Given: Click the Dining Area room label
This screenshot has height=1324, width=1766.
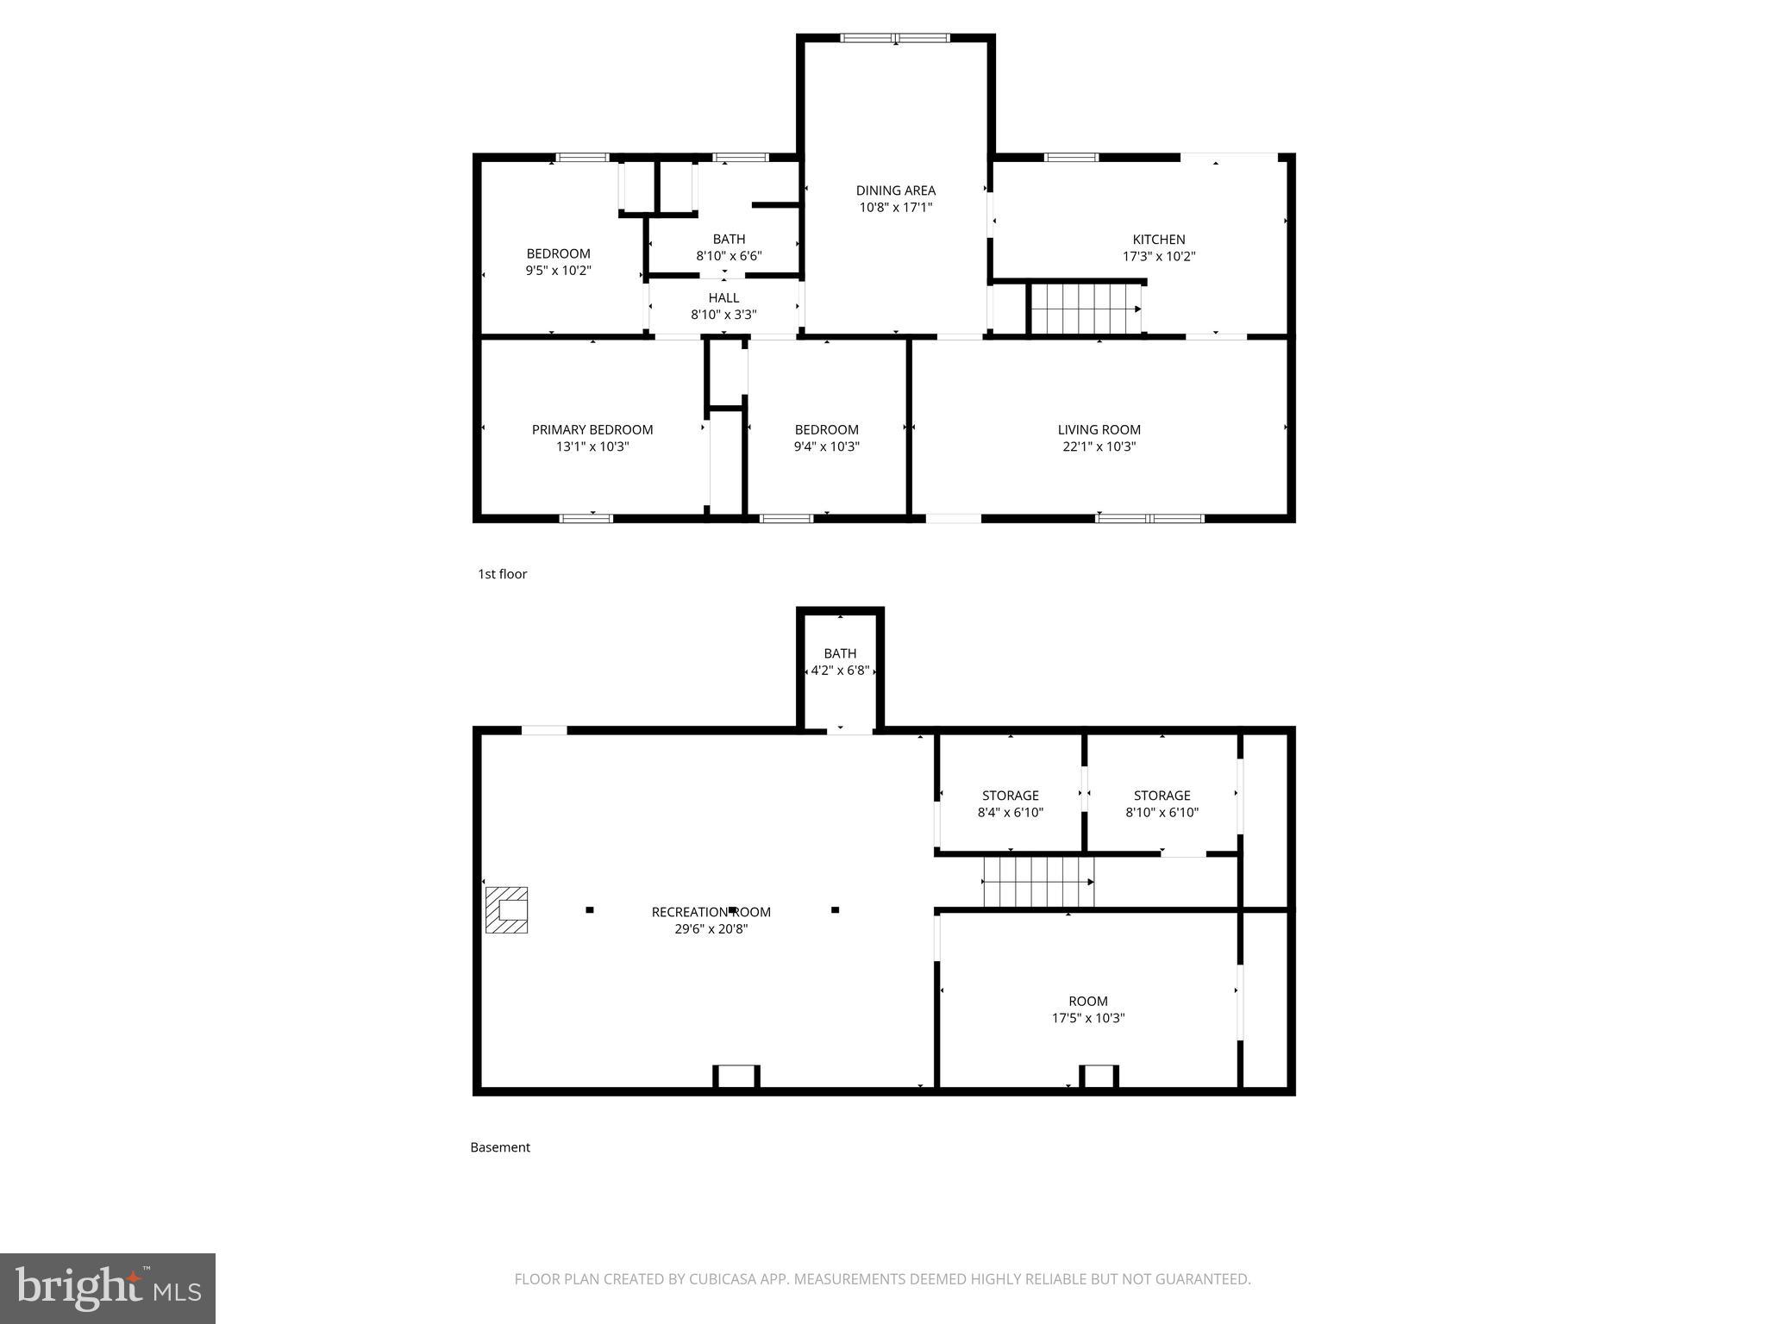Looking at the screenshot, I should click(x=895, y=190).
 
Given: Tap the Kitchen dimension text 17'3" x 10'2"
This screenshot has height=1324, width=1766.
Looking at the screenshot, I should click(x=1158, y=256).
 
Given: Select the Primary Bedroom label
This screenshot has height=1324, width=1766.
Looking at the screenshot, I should click(x=592, y=429).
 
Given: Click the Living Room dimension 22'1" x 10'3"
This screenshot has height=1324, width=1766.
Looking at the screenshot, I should click(x=1099, y=447).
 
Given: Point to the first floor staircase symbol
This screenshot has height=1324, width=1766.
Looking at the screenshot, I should click(x=1086, y=309).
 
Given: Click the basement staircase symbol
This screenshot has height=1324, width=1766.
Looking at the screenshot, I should click(x=1038, y=882).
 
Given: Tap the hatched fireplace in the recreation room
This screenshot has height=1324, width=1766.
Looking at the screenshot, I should click(x=506, y=909).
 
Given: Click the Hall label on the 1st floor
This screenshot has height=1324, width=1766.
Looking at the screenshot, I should click(x=723, y=297).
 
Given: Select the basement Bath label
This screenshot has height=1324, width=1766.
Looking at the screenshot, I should click(x=840, y=653).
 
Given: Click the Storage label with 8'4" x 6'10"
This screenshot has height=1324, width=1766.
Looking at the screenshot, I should click(x=1010, y=796).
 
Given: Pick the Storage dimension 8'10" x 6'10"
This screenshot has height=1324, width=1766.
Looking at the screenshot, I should click(x=1162, y=812).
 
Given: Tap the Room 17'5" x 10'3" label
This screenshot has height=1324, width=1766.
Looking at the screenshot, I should click(x=1087, y=1002).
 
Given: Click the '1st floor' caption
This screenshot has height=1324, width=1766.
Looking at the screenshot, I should click(x=502, y=574).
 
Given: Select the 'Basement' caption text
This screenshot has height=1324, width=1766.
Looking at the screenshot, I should click(x=500, y=1147).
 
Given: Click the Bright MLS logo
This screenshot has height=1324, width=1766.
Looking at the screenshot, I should click(x=108, y=1288).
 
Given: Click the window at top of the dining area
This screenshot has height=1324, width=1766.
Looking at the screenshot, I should click(x=895, y=38).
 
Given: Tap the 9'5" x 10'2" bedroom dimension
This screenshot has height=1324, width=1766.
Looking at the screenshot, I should click(x=558, y=270).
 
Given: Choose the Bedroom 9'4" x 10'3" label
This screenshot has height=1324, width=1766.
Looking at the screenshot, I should click(x=826, y=429).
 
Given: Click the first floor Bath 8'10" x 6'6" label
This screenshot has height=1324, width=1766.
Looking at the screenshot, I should click(x=729, y=240).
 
